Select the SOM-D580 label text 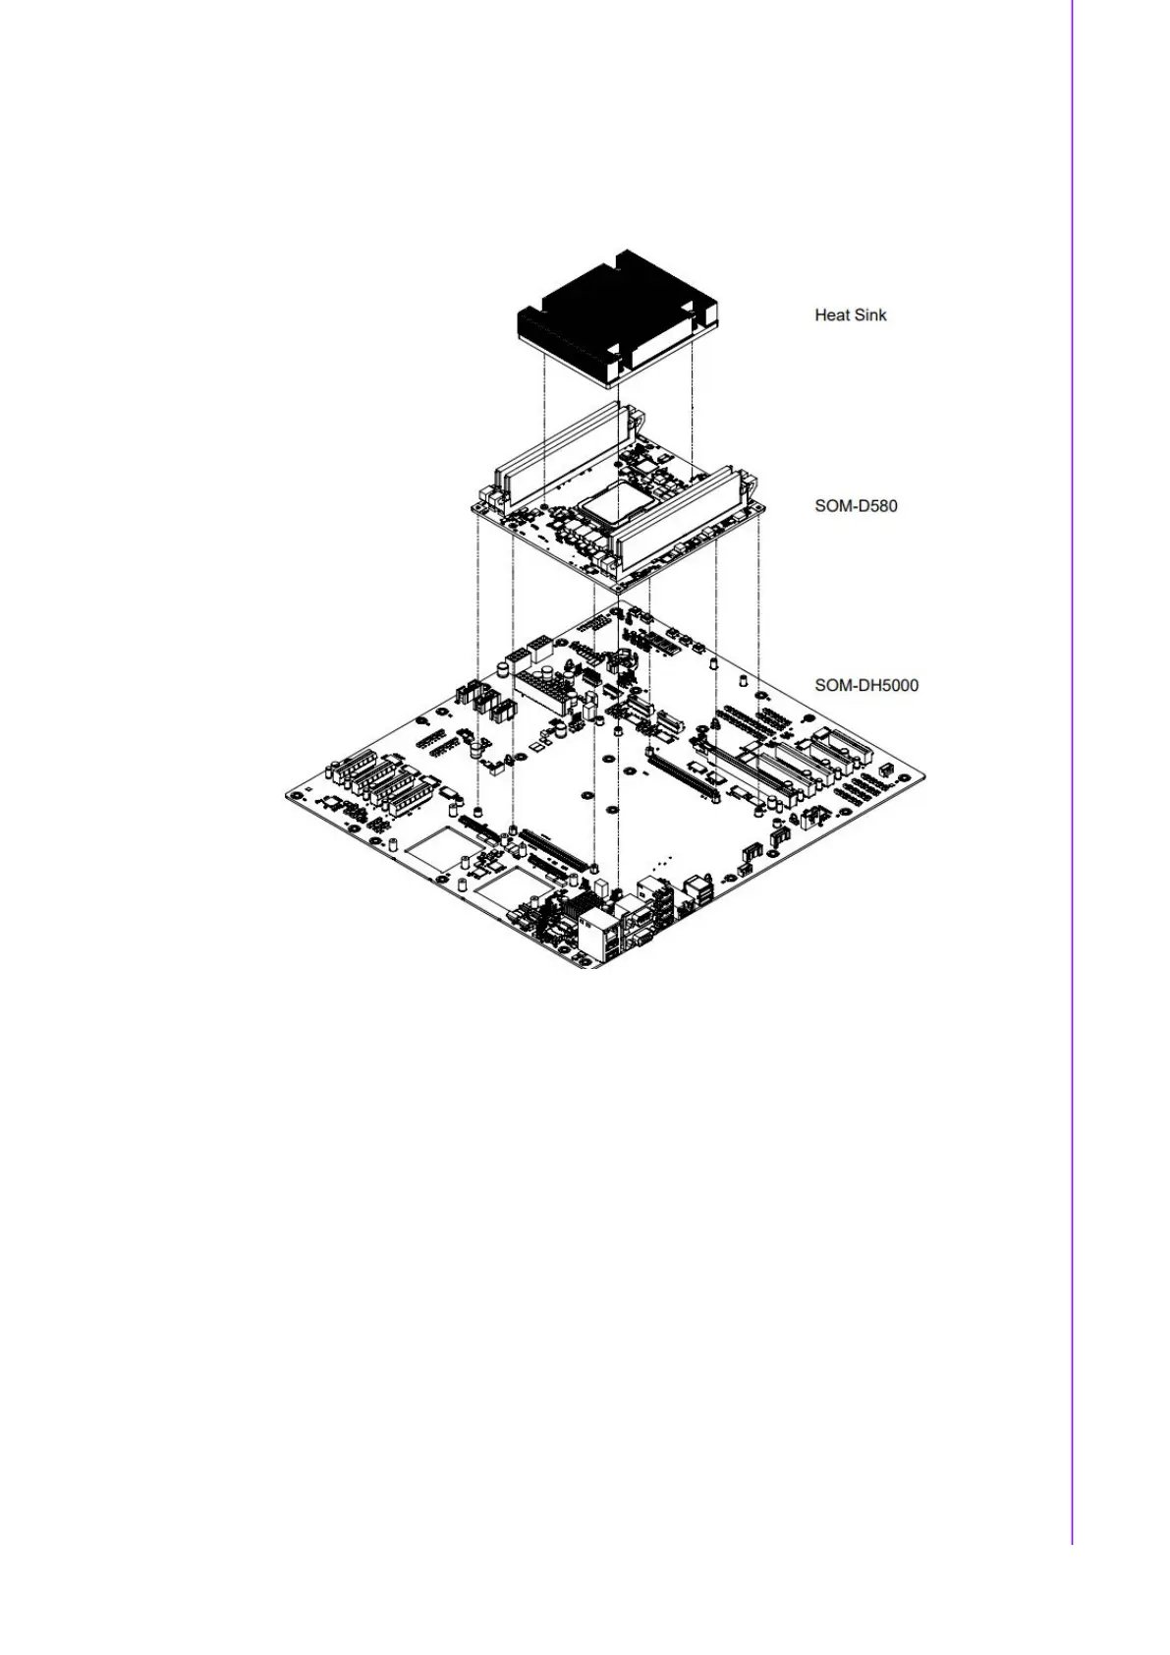(856, 506)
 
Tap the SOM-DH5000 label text (866, 685)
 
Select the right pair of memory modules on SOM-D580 (678, 516)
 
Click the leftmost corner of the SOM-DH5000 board (288, 793)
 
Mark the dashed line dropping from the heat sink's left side (543, 423)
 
